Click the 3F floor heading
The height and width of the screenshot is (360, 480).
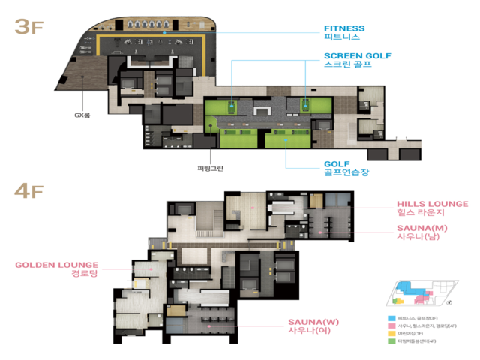[x=29, y=27]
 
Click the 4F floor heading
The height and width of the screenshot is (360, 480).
[x=29, y=190]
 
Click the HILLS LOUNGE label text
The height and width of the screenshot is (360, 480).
[x=432, y=203]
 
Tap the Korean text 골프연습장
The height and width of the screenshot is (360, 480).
[x=346, y=173]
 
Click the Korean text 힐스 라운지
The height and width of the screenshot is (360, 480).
[x=422, y=214]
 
